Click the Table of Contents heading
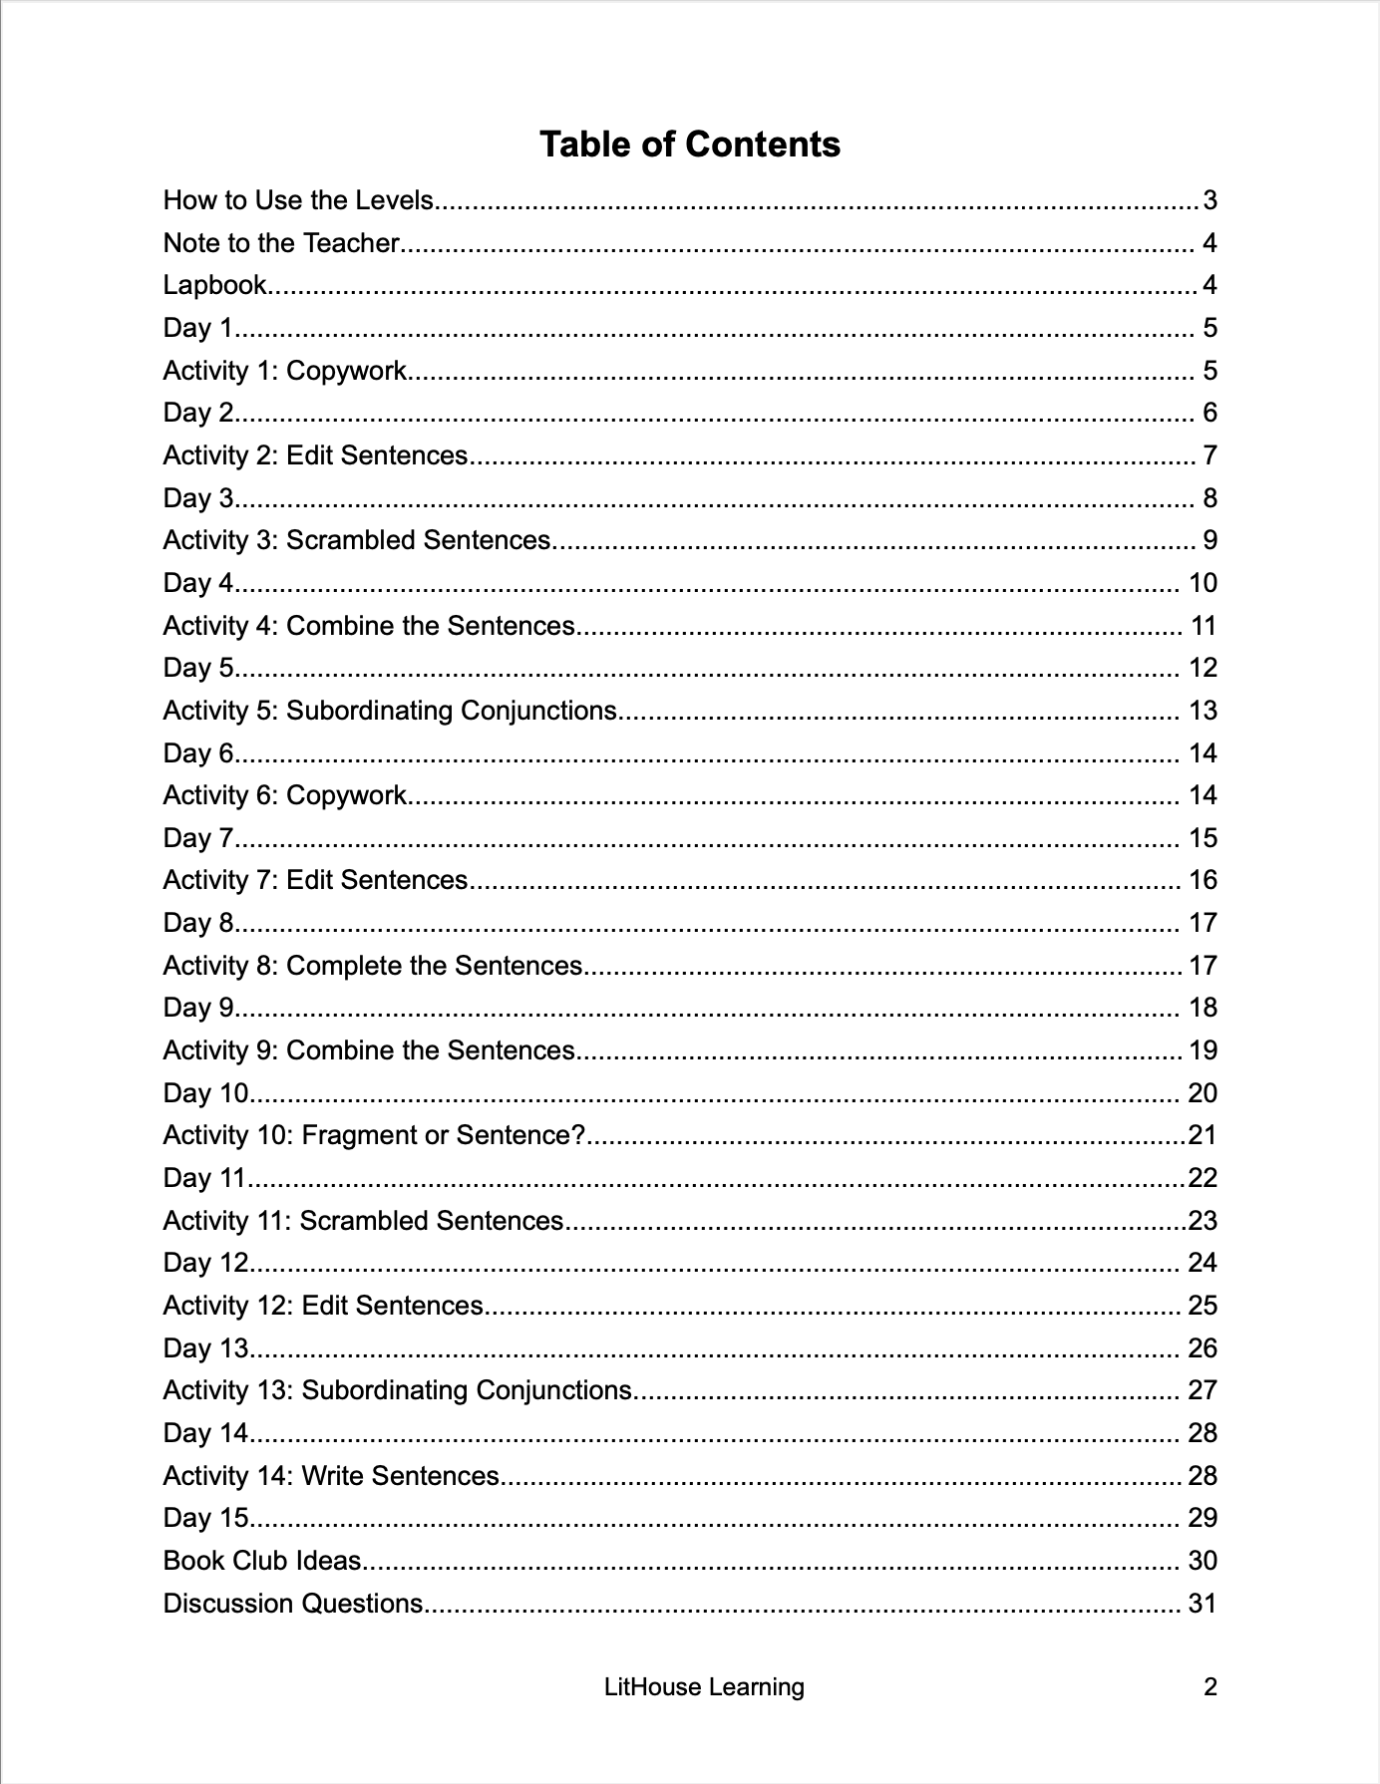[x=690, y=145]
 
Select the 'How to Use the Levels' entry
[x=298, y=200]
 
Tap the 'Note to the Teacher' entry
[x=281, y=243]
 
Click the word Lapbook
[x=214, y=286]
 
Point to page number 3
[x=1209, y=201]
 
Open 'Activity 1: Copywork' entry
[x=284, y=371]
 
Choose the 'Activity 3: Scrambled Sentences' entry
[x=356, y=540]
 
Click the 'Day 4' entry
[x=197, y=583]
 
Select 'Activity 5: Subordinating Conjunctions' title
[x=390, y=711]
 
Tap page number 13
[x=1203, y=711]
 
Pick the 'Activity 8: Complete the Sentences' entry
[x=372, y=966]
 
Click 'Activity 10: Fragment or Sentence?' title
[x=373, y=1135]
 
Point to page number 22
[x=1203, y=1178]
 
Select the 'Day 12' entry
[x=204, y=1263]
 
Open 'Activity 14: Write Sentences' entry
[x=330, y=1476]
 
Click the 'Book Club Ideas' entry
[x=261, y=1561]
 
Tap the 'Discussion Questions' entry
[x=293, y=1604]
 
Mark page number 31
[x=1203, y=1604]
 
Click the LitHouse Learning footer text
[x=704, y=1687]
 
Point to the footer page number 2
[x=1210, y=1687]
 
